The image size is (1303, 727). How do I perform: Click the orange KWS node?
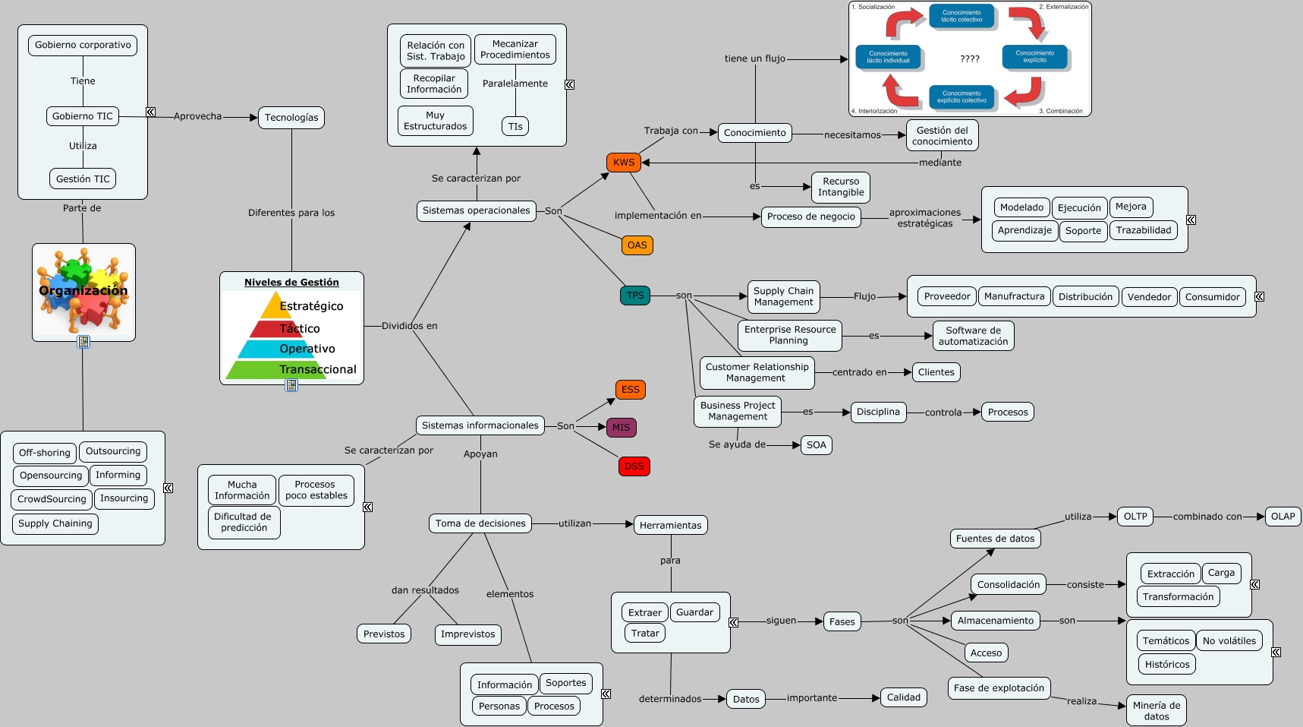click(624, 163)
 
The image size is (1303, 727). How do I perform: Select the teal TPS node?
click(635, 296)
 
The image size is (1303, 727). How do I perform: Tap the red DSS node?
click(634, 466)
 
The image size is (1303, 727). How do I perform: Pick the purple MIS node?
click(621, 428)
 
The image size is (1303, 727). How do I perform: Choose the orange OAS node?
click(637, 245)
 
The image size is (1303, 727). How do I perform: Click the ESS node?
click(631, 390)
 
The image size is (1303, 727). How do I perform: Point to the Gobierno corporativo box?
click(83, 46)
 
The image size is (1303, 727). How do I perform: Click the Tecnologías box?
click(291, 118)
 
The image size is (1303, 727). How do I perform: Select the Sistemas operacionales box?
click(476, 210)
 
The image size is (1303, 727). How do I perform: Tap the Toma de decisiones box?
click(480, 523)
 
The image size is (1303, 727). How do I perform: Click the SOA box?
click(817, 445)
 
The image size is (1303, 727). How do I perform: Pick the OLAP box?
click(1283, 517)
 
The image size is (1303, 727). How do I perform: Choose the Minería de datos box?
click(1156, 711)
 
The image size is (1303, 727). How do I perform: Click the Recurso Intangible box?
click(841, 187)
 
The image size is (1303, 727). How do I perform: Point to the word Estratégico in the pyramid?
click(311, 306)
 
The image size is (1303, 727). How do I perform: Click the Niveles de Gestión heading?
click(291, 283)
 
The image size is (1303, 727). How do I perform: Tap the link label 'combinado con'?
click(1207, 517)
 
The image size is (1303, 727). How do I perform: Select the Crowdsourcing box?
click(52, 499)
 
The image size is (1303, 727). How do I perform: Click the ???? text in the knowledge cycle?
click(970, 58)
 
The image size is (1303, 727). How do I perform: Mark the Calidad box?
click(903, 697)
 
